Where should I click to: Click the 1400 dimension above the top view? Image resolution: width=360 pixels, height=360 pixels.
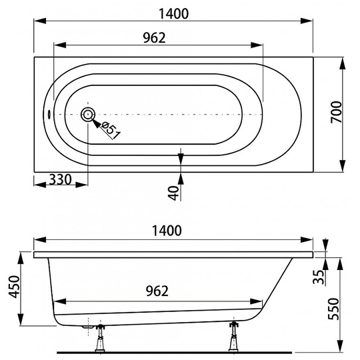[x=173, y=13]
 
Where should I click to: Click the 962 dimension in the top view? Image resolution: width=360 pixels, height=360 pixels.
[x=154, y=37]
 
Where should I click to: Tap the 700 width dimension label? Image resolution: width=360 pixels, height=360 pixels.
[x=337, y=112]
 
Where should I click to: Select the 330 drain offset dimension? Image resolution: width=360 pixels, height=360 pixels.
[x=61, y=179]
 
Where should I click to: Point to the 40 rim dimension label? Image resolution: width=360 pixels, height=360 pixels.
[x=173, y=193]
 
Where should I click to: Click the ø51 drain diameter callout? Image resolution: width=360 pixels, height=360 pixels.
[x=111, y=131]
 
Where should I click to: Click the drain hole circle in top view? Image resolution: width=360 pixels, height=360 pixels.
[x=88, y=115]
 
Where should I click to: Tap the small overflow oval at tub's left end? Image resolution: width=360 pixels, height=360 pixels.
[x=49, y=114]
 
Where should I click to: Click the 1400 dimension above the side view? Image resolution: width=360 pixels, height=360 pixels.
[x=167, y=231]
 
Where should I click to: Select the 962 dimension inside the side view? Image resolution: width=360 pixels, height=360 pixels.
[x=157, y=291]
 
